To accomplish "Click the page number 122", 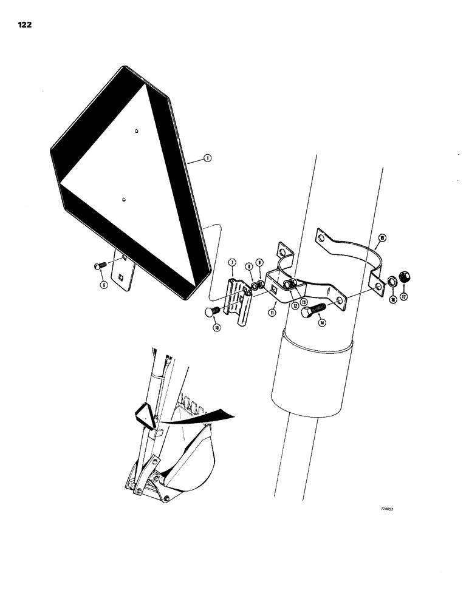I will [25, 25].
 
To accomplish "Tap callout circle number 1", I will [207, 159].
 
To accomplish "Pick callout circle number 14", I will [322, 324].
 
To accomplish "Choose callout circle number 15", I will [382, 237].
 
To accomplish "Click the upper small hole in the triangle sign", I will [137, 130].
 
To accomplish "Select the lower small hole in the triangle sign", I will [123, 198].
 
